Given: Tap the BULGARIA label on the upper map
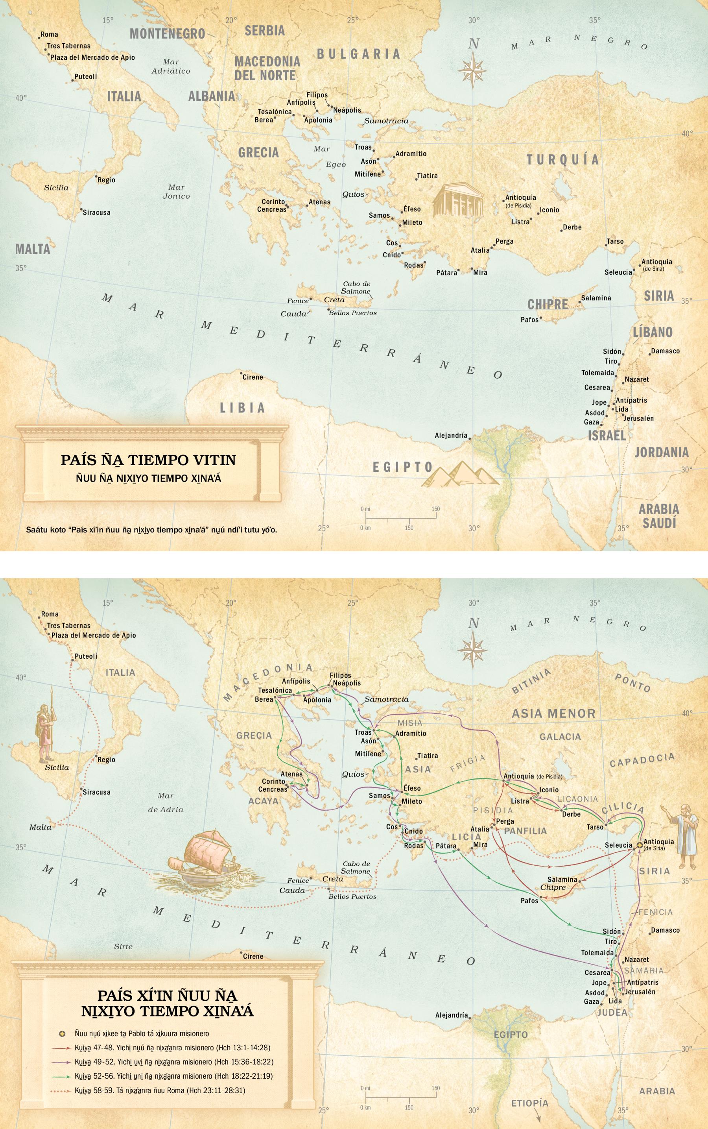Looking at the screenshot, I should click(x=359, y=54).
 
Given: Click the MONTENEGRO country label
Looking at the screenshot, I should click(x=167, y=34).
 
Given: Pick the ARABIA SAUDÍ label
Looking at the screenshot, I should click(x=659, y=516).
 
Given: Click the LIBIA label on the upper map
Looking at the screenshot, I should click(x=243, y=408).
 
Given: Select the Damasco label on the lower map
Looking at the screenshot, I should click(x=665, y=930).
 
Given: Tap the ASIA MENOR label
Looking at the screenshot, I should click(x=553, y=713).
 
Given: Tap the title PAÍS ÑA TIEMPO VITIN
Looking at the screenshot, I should click(x=148, y=460).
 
